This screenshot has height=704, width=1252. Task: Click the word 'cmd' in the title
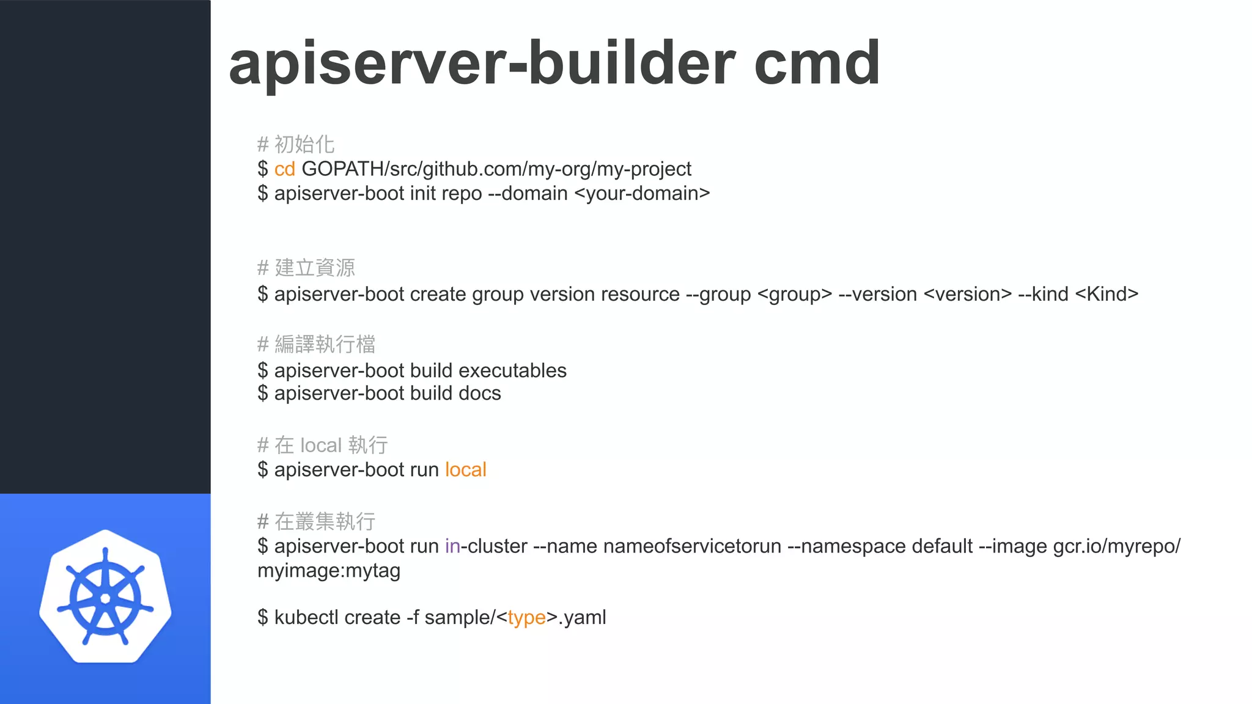[x=817, y=64]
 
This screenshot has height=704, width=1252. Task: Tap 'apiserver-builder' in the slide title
[x=482, y=64]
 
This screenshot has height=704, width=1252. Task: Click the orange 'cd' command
[x=284, y=169]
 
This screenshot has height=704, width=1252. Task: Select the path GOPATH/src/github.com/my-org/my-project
[x=496, y=169]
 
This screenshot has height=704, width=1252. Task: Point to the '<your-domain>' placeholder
[x=643, y=194]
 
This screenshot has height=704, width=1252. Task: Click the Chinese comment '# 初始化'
[x=296, y=145]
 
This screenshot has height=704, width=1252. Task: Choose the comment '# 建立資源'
[x=306, y=268]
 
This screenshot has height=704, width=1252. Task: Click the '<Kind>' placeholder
[x=1107, y=295]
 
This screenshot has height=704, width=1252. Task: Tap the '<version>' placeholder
[x=968, y=295]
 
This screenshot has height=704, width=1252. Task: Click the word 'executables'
[x=512, y=371]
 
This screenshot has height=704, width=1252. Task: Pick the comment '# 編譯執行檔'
[x=316, y=345]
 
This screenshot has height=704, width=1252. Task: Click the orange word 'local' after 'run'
[x=465, y=470]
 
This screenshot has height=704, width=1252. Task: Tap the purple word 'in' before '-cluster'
[x=452, y=546]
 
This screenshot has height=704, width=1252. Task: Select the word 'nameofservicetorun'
[x=692, y=546]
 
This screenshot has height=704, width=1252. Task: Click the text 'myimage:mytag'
[x=329, y=571]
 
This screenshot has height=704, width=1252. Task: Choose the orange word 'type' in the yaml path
[x=526, y=618]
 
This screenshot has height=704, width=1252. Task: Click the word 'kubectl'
[x=306, y=618]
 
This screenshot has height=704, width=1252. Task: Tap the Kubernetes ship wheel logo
[x=105, y=596]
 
